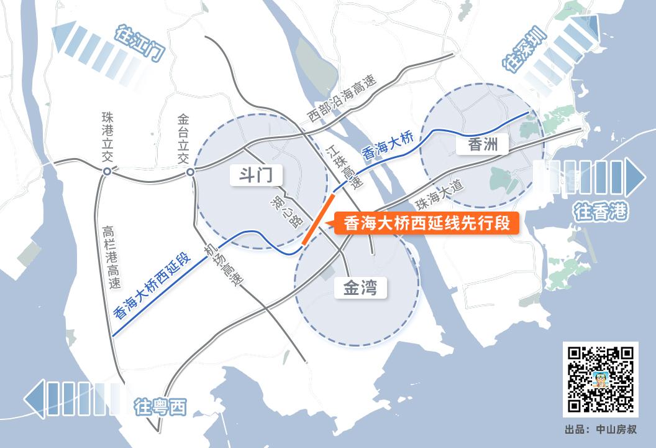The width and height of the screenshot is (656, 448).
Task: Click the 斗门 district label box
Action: (252, 175)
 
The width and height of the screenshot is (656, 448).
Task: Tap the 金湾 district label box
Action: (360, 288)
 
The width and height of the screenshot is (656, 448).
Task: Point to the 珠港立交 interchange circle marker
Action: (107, 171)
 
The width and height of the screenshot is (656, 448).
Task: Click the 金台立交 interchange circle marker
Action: (191, 172)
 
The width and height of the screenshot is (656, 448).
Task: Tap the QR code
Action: (600, 379)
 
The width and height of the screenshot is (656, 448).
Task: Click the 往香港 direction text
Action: (601, 212)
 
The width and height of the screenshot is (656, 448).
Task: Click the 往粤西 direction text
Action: (160, 408)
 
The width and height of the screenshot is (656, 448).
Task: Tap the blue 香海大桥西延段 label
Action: (152, 286)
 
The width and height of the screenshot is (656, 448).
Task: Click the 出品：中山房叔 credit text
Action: (601, 430)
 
